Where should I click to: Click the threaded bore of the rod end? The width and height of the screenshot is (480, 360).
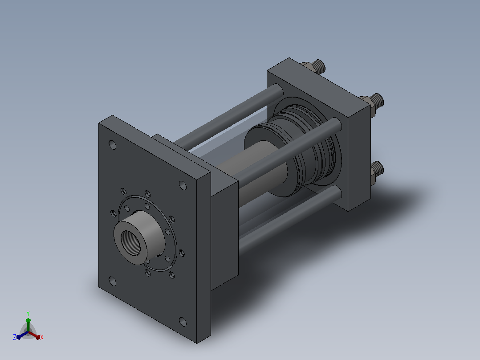(x=131, y=243)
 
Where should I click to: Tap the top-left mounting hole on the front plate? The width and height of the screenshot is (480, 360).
(x=113, y=145)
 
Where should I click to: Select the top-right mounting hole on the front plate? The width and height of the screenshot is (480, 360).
(x=183, y=185)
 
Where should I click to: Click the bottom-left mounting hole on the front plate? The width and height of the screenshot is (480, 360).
(x=112, y=281)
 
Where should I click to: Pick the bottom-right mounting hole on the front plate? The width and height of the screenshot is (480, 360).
(x=183, y=322)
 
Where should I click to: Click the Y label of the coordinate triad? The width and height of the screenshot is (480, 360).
(x=28, y=313)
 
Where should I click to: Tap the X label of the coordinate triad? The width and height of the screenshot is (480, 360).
(x=42, y=337)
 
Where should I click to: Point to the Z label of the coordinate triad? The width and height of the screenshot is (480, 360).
(x=15, y=337)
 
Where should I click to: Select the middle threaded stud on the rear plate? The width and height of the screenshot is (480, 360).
(x=377, y=102)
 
